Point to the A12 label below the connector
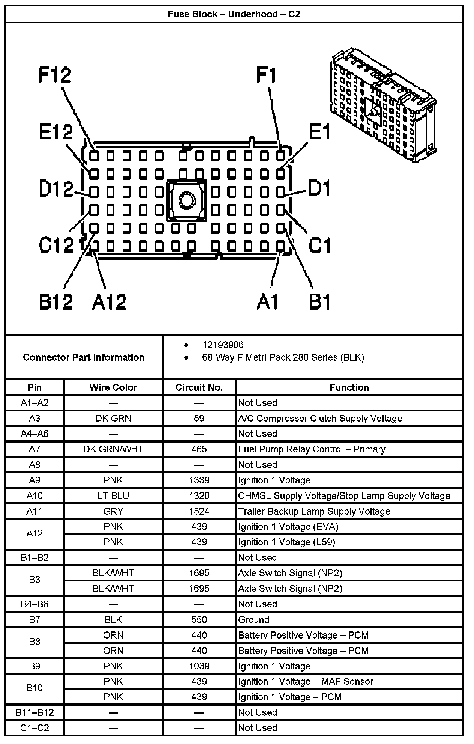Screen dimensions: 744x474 click(x=109, y=302)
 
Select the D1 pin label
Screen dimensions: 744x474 click(x=319, y=188)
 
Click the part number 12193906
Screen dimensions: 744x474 click(x=223, y=345)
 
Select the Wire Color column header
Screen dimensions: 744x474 click(x=113, y=387)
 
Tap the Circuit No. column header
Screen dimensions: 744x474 click(x=199, y=387)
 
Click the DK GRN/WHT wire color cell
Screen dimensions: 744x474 click(x=113, y=449)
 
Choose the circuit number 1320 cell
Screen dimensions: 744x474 click(x=199, y=496)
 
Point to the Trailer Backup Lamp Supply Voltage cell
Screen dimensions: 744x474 click(x=314, y=511)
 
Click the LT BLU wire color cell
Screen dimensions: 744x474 click(x=113, y=496)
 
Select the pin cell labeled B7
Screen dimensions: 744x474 click(x=34, y=620)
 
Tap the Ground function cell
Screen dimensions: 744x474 click(x=254, y=620)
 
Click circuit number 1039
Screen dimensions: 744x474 click(x=199, y=666)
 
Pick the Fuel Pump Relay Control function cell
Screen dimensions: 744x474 click(x=312, y=449)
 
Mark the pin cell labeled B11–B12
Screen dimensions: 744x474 click(x=34, y=712)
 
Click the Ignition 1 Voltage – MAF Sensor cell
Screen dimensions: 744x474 click(x=306, y=682)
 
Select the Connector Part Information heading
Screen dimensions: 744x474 click(x=84, y=357)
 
